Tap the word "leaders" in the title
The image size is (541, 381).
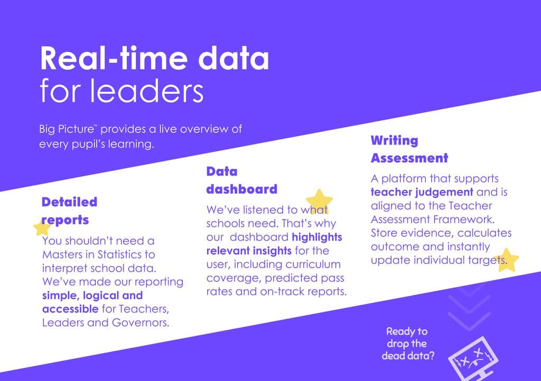point(147,91)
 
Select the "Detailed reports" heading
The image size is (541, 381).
point(69,211)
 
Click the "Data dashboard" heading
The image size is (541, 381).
point(241,180)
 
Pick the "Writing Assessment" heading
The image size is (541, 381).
point(409,149)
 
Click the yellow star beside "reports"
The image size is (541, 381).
point(42,228)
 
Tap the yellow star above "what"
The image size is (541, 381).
point(319,201)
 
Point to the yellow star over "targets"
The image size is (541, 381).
point(506,260)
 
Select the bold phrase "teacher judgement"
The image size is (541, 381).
point(422,192)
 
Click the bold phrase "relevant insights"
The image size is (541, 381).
point(249,251)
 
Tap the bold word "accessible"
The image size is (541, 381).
point(70,309)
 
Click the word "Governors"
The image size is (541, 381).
point(141,323)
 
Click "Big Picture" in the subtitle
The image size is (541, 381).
point(67,129)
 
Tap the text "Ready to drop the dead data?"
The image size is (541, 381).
point(407,344)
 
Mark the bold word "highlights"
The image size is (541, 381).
point(317,237)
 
